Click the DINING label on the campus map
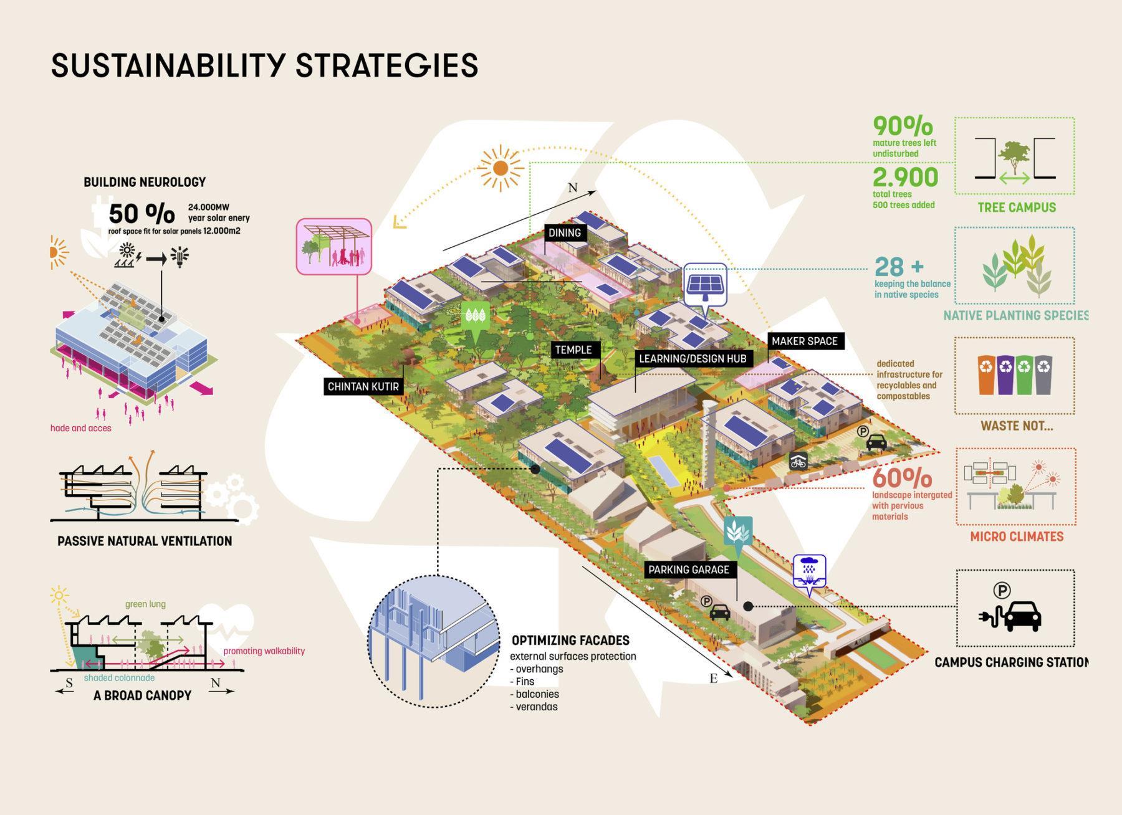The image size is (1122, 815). tap(564, 233)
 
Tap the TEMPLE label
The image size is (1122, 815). tap(573, 350)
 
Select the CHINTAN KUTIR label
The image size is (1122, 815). tap(363, 387)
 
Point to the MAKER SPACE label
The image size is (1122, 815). tap(804, 341)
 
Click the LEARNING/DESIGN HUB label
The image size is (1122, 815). tap(692, 359)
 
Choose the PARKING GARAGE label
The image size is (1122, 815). tap(688, 570)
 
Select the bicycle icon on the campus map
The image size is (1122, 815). tap(798, 461)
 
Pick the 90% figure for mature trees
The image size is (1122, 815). tap(902, 126)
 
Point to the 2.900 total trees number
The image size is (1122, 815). tap(904, 178)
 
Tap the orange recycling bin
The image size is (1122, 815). tap(987, 375)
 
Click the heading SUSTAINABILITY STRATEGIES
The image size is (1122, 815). tap(264, 65)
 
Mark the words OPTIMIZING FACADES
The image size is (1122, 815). tap(570, 641)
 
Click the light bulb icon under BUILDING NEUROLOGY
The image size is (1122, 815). tap(180, 256)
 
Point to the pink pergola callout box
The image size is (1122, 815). tap(333, 247)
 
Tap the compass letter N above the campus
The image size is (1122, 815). tap(572, 188)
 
